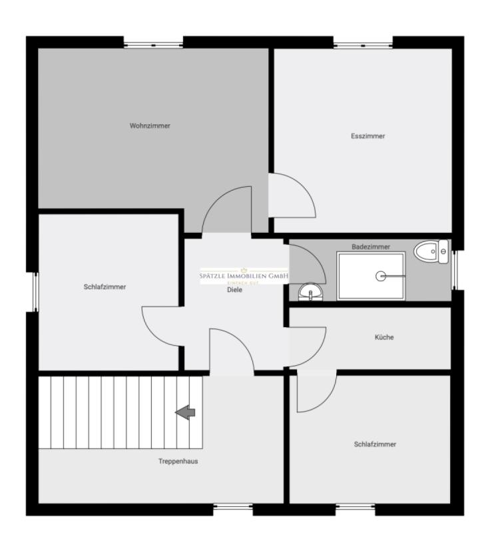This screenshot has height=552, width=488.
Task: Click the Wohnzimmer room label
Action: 150,126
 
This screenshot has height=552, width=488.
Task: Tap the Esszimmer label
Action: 368,136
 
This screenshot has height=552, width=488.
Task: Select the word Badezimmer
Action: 371,247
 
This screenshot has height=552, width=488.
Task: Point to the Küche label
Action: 384,337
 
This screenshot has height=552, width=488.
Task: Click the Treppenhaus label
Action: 178,462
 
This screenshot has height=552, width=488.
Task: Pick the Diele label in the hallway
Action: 234,290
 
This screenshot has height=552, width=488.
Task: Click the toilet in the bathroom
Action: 431,252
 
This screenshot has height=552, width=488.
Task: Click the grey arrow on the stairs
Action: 186,413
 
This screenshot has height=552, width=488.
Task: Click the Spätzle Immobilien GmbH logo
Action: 244,277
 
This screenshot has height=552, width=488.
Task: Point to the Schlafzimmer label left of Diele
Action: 105,287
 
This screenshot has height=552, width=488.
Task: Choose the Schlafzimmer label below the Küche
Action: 375,444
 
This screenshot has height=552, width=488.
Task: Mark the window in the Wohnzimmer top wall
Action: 153,45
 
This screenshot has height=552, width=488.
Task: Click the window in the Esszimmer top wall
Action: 364,45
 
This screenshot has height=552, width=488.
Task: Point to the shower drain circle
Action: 381,276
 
